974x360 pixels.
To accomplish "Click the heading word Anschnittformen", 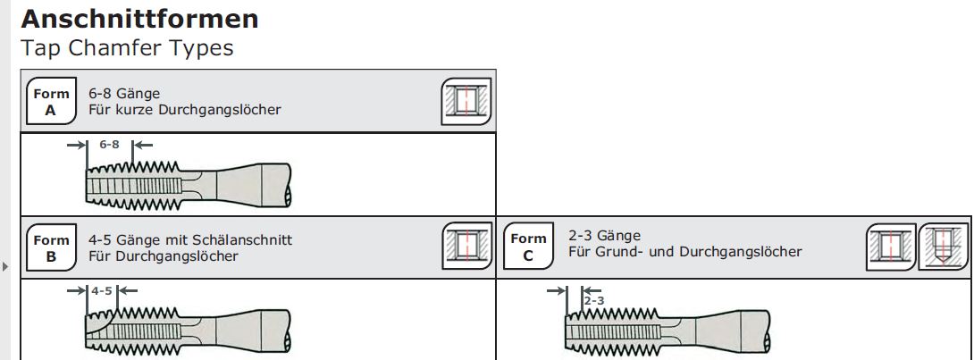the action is pos(139,20).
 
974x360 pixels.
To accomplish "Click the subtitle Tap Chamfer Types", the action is pos(128,48).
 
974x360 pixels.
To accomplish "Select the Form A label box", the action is pos(51,102).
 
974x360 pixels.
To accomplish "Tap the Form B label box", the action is pos(51,247).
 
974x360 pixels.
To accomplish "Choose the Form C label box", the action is pos(528,247).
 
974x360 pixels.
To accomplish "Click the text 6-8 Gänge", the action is pos(124,94).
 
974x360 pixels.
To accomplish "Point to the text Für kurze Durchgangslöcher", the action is pos(185,110).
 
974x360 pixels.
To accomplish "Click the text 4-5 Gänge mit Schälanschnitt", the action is pos(190,239).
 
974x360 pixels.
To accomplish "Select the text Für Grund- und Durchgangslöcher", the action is pos(685,252).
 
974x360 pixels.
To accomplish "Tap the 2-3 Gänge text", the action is pos(604,236).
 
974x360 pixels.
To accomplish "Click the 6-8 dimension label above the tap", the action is pos(109,145).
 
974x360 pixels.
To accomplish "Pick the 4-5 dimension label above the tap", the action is pos(102,290).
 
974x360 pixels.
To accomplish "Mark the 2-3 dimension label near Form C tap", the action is pos(594,301).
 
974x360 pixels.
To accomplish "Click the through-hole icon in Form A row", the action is pos(466,101).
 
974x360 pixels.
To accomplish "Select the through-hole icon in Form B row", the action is pos(466,246).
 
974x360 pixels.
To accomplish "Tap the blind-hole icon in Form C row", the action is pos(943,247).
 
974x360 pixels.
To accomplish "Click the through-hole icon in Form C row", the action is pos(892,247).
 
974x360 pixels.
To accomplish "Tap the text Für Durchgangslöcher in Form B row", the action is pos(164,255).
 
